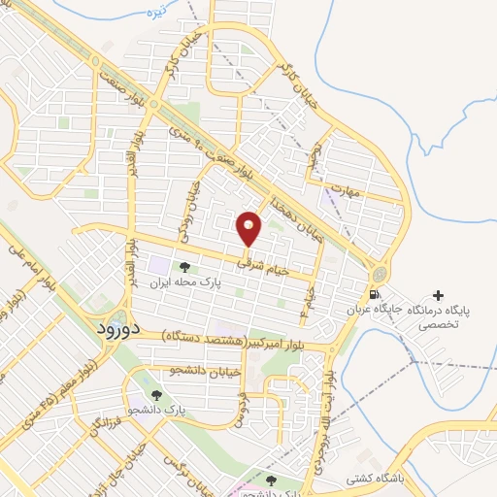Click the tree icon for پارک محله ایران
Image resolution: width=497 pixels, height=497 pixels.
click(182, 267)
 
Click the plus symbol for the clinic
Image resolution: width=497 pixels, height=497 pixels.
click(438, 295)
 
